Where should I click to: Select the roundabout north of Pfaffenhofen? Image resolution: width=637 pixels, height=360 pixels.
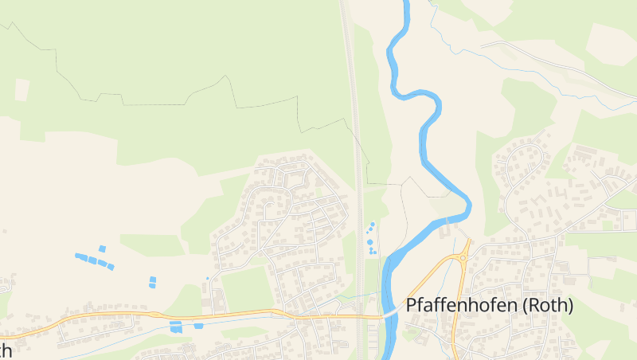point(463,257)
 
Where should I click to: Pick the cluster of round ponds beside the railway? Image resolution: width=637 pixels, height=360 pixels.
point(371,239)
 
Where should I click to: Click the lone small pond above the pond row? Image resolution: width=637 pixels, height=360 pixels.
point(102,249)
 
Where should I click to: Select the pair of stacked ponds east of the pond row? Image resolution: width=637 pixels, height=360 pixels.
point(152,282)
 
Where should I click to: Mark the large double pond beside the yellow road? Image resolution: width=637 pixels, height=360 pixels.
point(176,327)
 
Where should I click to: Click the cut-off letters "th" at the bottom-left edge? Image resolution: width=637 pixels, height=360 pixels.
point(6,350)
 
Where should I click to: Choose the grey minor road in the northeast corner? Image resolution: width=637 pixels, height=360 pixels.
point(557,60)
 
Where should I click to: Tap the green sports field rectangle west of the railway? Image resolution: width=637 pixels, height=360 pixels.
point(247,287)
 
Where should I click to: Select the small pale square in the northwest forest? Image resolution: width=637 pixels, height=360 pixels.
point(21,89)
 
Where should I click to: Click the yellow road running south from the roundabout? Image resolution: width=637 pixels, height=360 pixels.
point(455,319)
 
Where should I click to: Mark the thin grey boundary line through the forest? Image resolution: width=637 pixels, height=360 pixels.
point(159,96)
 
